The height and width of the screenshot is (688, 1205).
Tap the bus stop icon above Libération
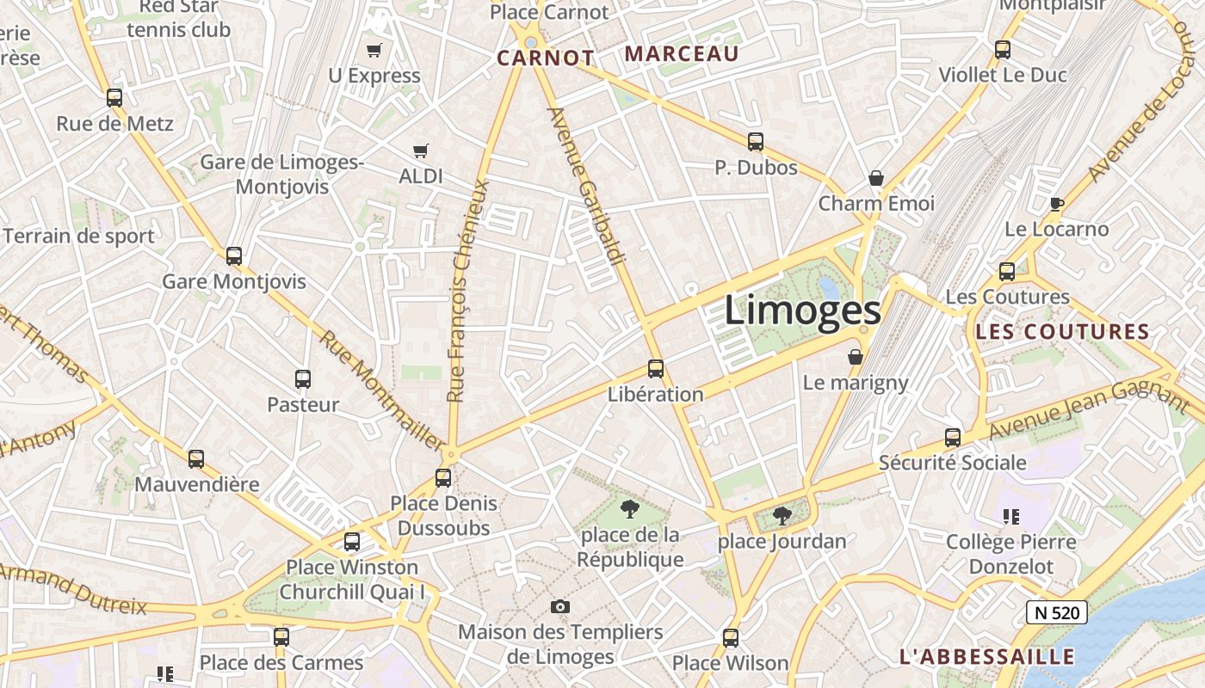tap(656, 369)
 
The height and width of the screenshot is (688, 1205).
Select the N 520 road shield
tap(1056, 612)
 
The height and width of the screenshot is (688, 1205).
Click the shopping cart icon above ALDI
tap(421, 151)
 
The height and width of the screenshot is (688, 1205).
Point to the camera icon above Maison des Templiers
tap(560, 606)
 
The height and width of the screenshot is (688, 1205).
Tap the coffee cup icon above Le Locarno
tap(1057, 204)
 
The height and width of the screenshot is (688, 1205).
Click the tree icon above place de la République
tap(630, 508)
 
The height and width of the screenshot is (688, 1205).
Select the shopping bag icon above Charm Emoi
tap(876, 178)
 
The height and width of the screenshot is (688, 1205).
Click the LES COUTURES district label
tap(1063, 332)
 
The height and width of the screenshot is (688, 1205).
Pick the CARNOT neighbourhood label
tap(546, 58)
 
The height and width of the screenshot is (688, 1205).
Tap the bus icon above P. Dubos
tap(756, 142)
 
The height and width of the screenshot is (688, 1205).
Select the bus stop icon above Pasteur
tap(303, 378)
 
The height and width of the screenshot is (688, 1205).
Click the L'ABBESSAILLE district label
tap(987, 657)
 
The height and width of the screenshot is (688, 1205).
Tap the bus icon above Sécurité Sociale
tap(953, 437)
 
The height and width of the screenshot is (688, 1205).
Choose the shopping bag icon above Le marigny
tap(856, 356)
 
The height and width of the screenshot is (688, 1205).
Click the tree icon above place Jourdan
tap(782, 516)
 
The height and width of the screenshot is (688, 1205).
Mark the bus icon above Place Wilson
tap(731, 637)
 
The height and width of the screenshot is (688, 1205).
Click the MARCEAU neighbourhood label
tap(682, 54)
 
